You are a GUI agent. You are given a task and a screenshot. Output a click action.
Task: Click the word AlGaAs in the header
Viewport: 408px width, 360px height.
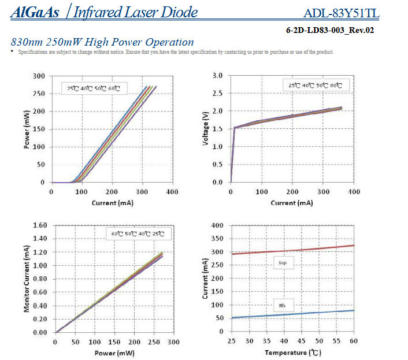pos(35,12)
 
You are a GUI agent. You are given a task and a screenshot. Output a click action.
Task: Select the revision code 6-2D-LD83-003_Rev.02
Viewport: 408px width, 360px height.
pos(329,30)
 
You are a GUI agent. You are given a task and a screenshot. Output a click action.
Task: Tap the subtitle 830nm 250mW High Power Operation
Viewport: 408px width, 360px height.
pos(102,42)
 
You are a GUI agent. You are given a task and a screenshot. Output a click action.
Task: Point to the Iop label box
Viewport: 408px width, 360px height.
pos(283,263)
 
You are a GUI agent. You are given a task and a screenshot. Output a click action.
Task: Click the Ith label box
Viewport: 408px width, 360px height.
pos(282,305)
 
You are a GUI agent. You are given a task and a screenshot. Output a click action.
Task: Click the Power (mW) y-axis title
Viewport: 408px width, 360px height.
pos(27,130)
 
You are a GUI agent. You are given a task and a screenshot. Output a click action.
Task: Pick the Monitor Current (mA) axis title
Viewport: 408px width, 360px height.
pos(27,279)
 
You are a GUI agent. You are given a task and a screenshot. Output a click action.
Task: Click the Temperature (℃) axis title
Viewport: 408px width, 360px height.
pos(292,352)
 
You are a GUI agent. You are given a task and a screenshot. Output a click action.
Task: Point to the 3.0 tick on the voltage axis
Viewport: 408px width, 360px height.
pos(218,76)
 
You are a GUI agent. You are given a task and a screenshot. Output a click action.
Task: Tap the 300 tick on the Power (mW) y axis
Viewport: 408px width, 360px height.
pos(39,76)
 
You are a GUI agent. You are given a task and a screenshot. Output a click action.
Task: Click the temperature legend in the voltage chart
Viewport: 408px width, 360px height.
pos(315,86)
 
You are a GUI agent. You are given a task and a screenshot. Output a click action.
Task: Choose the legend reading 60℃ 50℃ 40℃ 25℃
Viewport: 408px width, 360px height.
pos(138,234)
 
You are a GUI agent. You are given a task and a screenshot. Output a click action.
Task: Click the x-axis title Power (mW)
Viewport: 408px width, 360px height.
pos(114,352)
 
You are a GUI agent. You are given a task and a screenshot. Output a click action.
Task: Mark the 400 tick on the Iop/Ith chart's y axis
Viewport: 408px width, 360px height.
pos(217,225)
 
